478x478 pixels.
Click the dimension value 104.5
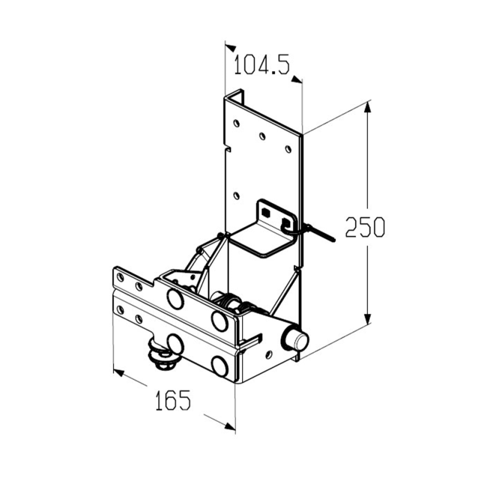pos(262,65)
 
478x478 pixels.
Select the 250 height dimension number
pos(365,227)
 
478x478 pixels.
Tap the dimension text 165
pos(173,400)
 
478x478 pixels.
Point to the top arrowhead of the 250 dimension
pos(367,107)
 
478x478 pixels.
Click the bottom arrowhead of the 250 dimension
pos(367,319)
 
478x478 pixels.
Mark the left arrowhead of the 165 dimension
pos(118,372)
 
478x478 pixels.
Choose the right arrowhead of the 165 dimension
pos(230,427)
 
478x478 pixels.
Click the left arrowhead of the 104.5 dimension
pos(231,48)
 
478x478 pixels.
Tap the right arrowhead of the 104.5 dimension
pos(296,79)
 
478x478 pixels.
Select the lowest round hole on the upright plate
pos(236,195)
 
